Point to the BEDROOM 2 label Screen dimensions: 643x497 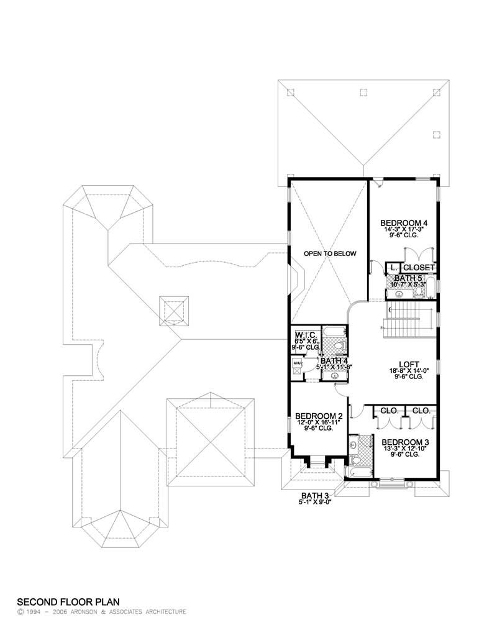(x=319, y=416)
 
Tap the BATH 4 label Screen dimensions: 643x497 (x=334, y=360)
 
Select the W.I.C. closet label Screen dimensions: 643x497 (x=306, y=334)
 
